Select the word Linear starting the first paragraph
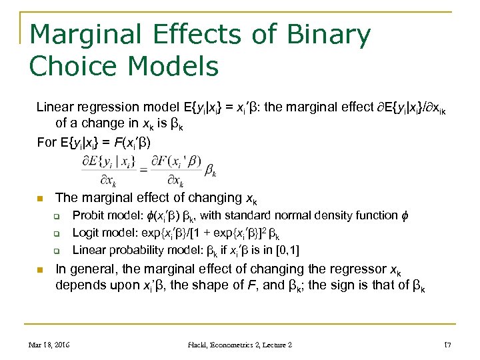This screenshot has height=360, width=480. [x=55, y=107]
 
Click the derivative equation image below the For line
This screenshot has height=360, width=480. [x=149, y=170]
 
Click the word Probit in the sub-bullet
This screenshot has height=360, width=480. [x=89, y=215]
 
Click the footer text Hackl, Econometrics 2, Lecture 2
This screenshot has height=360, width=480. [x=240, y=345]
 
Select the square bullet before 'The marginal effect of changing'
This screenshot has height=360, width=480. [x=40, y=198]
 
